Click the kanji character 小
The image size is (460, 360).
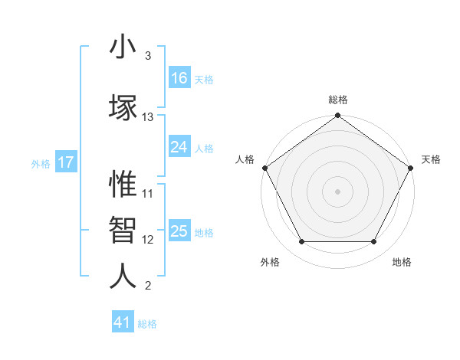click(x=123, y=47)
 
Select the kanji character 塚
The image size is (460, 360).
click(x=123, y=107)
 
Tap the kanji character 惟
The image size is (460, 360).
click(x=123, y=184)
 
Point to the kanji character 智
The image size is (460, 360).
click(x=123, y=230)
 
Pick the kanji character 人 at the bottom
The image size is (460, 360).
click(x=123, y=277)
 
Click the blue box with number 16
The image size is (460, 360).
click(x=179, y=78)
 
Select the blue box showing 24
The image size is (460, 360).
click(x=179, y=147)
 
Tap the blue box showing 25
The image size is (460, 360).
click(x=179, y=231)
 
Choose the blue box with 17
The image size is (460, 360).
click(x=66, y=162)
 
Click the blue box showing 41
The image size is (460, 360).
click(x=123, y=322)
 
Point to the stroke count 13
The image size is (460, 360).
click(x=148, y=117)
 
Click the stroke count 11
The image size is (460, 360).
click(x=148, y=194)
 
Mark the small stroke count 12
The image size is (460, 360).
click(x=148, y=240)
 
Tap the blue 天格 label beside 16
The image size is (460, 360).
click(x=204, y=79)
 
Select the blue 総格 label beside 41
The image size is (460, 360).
click(x=147, y=324)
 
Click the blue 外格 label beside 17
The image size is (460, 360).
click(x=41, y=163)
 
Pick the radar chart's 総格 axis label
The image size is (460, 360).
click(x=338, y=100)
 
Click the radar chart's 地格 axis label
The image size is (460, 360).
click(x=402, y=262)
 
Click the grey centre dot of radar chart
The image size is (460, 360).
click(x=338, y=191)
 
